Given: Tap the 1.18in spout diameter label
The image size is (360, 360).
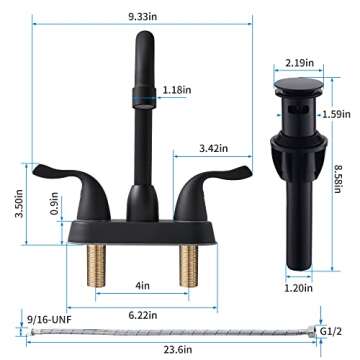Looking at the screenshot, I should (x=177, y=90).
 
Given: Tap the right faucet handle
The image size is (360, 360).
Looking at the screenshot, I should (x=203, y=191).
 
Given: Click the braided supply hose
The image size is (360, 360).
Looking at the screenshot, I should (x=170, y=329).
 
